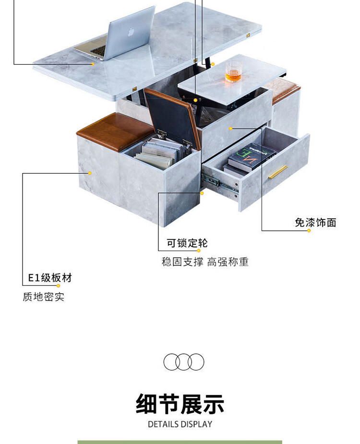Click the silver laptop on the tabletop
point(120,38)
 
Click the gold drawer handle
point(278,172)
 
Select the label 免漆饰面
point(315,222)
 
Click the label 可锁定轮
point(187,243)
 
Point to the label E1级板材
point(49,277)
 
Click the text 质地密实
point(43,297)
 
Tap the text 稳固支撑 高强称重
point(205,262)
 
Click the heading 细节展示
point(180,403)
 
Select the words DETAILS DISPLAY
point(180,424)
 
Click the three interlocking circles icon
point(184,361)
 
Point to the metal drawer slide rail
point(220,183)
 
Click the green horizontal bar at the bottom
point(180,442)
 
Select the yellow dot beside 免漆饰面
point(309,230)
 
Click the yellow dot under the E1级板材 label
point(59,286)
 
